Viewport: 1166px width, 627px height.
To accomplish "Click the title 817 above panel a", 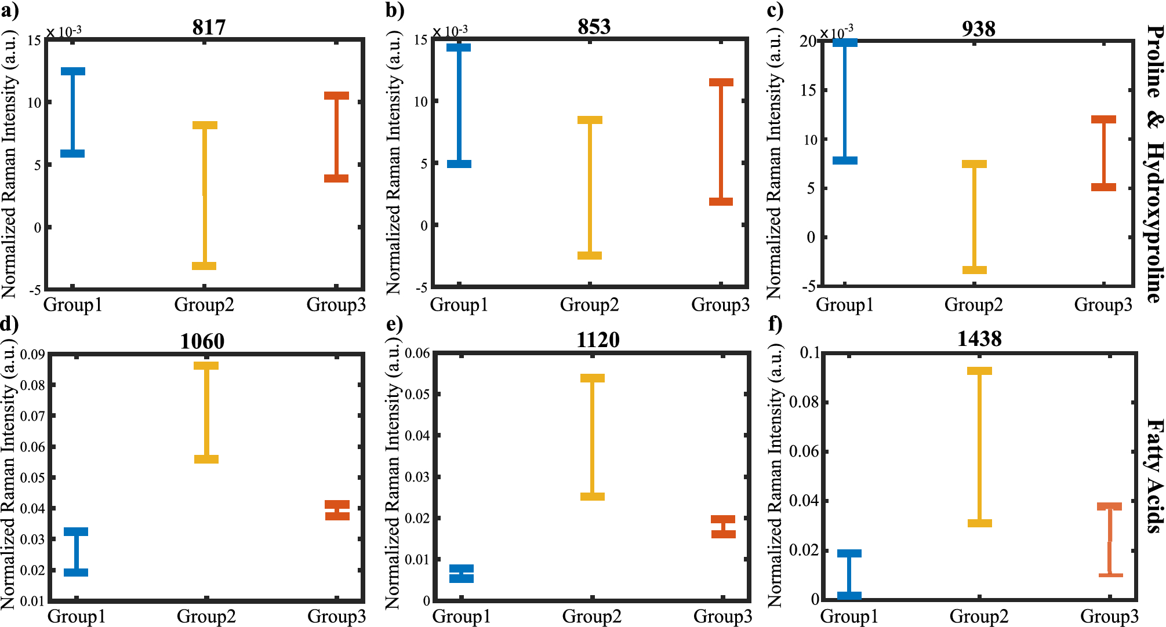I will point(209,27).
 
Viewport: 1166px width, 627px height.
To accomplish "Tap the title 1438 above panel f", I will point(979,338).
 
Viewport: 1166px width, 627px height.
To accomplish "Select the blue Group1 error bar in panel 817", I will point(73,112).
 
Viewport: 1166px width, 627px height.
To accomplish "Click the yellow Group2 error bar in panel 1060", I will point(206,413).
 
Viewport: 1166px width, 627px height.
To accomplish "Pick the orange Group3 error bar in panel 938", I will point(1103,154).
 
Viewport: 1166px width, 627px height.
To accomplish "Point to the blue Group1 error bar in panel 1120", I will point(462,573).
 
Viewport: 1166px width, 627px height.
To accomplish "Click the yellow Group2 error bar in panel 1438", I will point(979,447).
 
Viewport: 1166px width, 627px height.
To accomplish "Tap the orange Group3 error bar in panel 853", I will point(721,142).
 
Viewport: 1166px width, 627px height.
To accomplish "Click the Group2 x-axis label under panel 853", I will point(589,305).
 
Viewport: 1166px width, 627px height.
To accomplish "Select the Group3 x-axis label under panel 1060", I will point(336,616).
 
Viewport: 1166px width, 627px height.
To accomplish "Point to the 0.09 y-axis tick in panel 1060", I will point(32,354).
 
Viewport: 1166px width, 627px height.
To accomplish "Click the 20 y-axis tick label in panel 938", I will point(807,41).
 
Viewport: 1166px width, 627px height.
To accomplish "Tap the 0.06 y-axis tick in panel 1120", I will point(417,353).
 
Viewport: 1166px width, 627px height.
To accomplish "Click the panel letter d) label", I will point(9,323).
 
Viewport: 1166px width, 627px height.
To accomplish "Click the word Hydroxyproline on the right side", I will point(1154,223).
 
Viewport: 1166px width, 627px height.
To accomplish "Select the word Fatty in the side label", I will point(1154,447).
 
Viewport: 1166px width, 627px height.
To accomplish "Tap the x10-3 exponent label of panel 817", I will point(64,32).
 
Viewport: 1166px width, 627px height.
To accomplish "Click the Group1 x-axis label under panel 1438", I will point(849,616).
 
